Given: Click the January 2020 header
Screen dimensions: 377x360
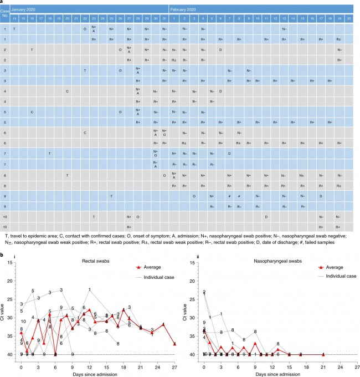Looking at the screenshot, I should pyautogui.click(x=25, y=10).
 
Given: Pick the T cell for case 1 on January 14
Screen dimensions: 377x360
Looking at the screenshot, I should pyautogui.click(x=14, y=29).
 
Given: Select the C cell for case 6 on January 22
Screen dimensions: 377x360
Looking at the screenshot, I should pyautogui.click(x=85, y=133).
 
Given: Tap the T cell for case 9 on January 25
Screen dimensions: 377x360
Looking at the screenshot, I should pyautogui.click(x=111, y=196).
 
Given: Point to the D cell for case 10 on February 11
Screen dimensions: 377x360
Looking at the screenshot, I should pyautogui.click(x=266, y=217).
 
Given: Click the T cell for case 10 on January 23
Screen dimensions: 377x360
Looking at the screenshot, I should pyautogui.click(x=94, y=217).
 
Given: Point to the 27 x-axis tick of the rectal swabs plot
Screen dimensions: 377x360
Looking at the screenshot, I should pyautogui.click(x=174, y=367).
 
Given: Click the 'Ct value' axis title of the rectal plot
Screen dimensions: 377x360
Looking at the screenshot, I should pyautogui.click(x=6, y=308).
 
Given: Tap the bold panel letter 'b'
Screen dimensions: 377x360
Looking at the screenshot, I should pyautogui.click(x=2, y=255).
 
